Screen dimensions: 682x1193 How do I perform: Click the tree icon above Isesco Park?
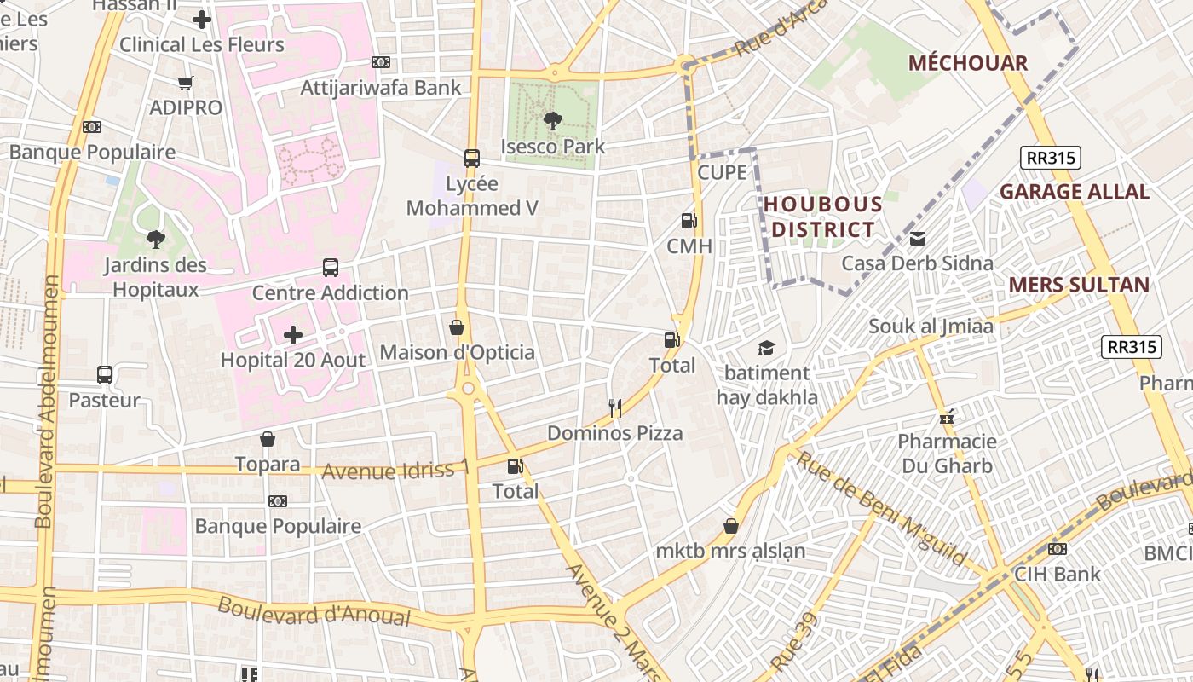pyautogui.click(x=552, y=121)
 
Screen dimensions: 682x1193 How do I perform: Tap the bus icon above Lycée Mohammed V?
pyautogui.click(x=471, y=158)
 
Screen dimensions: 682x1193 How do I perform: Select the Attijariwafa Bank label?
pyautogui.click(x=381, y=87)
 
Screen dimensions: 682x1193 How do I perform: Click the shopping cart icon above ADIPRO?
pyautogui.click(x=186, y=83)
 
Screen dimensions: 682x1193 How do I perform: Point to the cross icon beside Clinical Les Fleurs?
pyautogui.click(x=202, y=19)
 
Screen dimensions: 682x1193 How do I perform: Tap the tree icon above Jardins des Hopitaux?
pyautogui.click(x=155, y=240)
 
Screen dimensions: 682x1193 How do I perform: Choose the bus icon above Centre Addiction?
pyautogui.click(x=331, y=268)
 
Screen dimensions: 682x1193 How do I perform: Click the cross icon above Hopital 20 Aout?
pyautogui.click(x=292, y=335)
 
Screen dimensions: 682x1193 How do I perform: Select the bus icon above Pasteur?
pyautogui.click(x=105, y=375)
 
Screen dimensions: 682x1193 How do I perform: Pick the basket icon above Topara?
pyautogui.click(x=268, y=439)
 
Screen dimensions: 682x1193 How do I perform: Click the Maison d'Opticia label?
pyautogui.click(x=458, y=352)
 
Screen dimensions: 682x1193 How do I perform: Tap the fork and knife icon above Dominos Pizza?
pyautogui.click(x=615, y=408)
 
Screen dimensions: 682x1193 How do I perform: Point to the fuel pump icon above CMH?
pyautogui.click(x=689, y=222)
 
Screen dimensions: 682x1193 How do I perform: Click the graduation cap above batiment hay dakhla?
pyautogui.click(x=766, y=348)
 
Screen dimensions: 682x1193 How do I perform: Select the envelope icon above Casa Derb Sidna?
pyautogui.click(x=918, y=239)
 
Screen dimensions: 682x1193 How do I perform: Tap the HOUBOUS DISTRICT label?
pyautogui.click(x=822, y=217)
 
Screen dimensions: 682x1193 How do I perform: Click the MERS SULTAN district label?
pyautogui.click(x=1079, y=285)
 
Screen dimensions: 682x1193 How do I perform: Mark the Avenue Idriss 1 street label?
pyautogui.click(x=395, y=470)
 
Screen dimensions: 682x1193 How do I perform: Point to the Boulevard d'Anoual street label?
pyautogui.click(x=314, y=611)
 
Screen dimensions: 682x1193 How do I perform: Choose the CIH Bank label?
pyautogui.click(x=1057, y=574)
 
